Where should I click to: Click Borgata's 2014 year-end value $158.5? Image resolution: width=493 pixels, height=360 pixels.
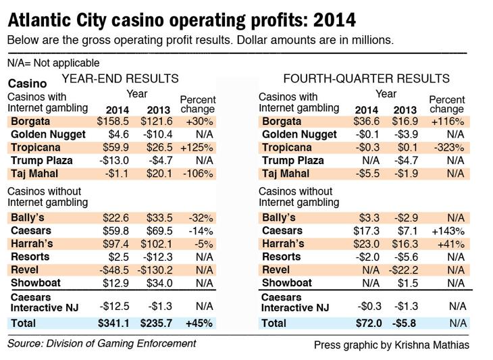tap(113, 122)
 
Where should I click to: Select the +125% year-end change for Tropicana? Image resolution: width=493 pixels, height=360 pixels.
tap(197, 147)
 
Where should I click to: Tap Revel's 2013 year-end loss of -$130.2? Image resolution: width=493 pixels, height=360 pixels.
tap(155, 269)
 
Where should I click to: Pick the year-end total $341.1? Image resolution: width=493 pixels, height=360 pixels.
tap(113, 324)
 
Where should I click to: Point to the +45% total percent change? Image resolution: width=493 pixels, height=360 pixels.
tap(199, 324)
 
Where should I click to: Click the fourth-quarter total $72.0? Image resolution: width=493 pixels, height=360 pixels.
tap(369, 324)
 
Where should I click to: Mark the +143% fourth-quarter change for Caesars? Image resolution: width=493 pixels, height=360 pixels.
tap(448, 231)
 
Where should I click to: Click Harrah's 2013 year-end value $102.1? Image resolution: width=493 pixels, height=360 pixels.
tap(157, 244)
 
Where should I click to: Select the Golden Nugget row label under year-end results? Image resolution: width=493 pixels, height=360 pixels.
tap(48, 134)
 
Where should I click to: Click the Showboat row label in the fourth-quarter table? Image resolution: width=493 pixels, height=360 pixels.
tap(287, 282)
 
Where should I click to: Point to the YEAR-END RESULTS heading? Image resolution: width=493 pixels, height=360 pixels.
tap(120, 78)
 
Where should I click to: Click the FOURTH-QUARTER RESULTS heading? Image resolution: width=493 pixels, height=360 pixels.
tap(367, 78)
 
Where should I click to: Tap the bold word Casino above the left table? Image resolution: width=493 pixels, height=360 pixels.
tap(28, 84)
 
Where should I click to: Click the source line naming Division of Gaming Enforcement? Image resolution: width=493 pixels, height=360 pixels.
tap(101, 344)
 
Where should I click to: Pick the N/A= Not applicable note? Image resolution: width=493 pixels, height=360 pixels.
tap(53, 63)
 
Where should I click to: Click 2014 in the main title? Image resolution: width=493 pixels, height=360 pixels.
tap(335, 20)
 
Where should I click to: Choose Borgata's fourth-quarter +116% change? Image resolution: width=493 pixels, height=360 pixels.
tap(448, 122)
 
